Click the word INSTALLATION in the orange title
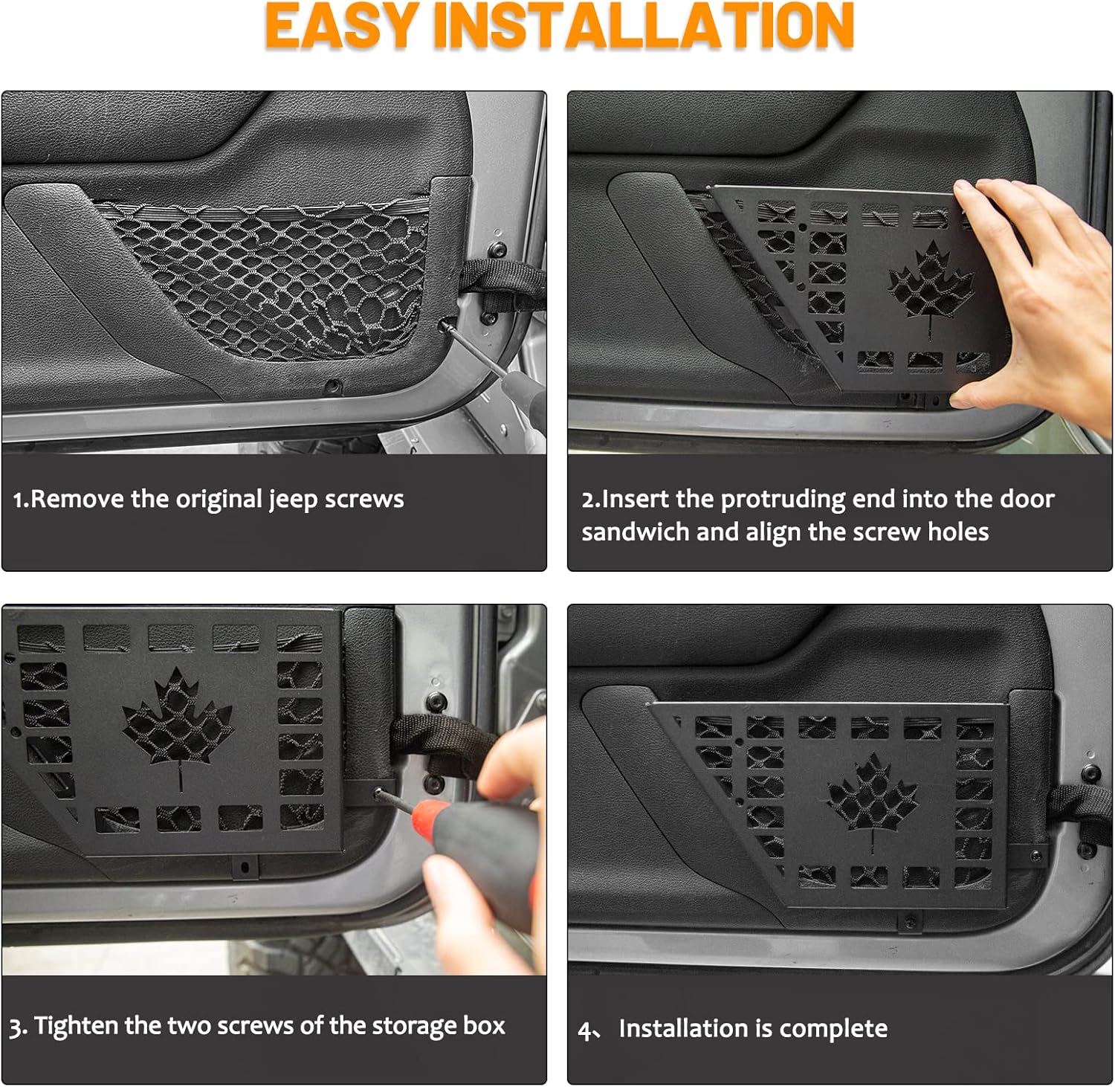coord(644,26)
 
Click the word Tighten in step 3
coord(77,1027)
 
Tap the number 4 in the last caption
coord(586,1030)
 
